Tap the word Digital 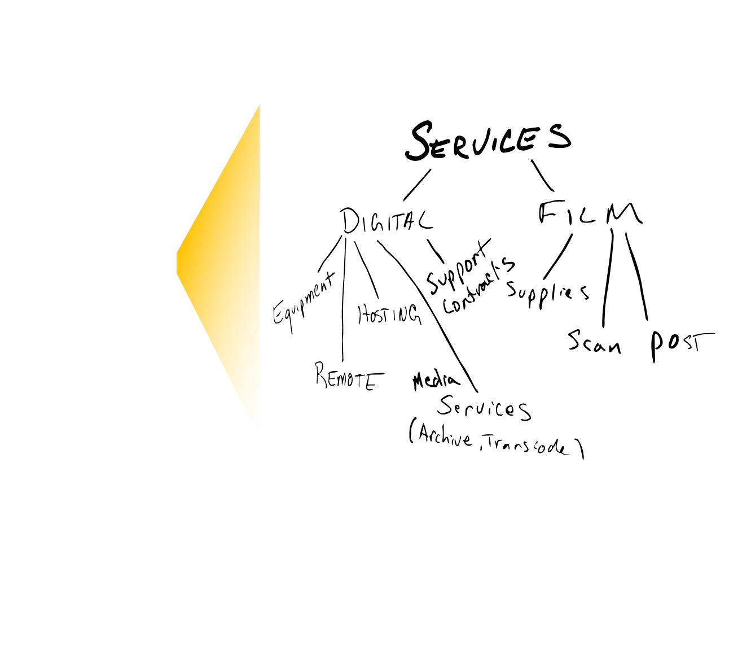387,221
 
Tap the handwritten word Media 436,382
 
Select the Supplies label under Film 547,292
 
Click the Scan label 594,341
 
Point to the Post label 680,345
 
